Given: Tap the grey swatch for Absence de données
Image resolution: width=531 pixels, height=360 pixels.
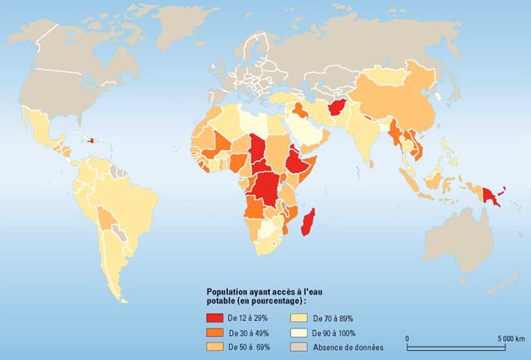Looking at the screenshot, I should [x=300, y=347].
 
